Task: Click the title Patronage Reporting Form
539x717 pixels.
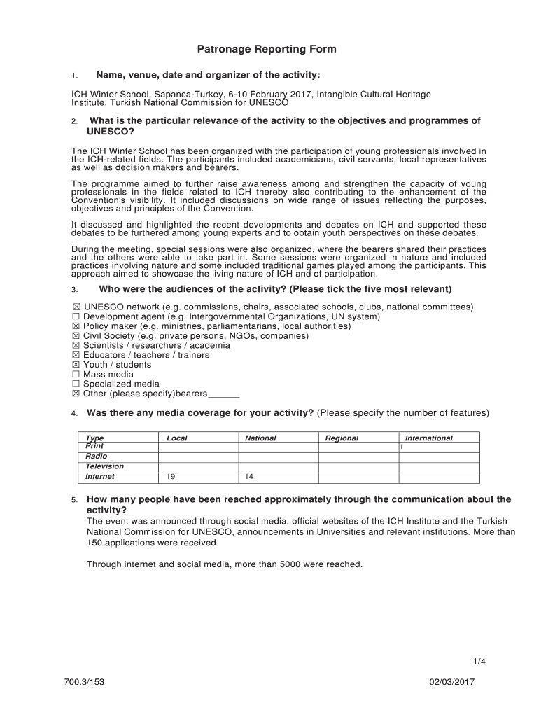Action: (266, 49)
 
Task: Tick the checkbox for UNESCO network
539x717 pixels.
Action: (76, 307)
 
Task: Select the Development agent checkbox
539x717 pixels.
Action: (76, 316)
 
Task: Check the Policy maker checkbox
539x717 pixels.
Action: (76, 326)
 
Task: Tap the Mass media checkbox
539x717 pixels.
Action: (76, 374)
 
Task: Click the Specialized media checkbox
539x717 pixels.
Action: (76, 384)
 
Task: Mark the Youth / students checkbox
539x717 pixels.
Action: (76, 365)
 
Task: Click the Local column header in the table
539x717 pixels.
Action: (176, 438)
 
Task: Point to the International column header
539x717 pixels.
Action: (428, 438)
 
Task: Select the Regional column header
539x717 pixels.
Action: (342, 438)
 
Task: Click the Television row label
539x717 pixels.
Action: (104, 466)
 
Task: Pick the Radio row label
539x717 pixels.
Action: (97, 457)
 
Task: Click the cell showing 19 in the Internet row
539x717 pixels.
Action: (171, 477)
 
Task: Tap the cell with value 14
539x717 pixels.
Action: (249, 477)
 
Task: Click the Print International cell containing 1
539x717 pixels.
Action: (402, 447)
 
